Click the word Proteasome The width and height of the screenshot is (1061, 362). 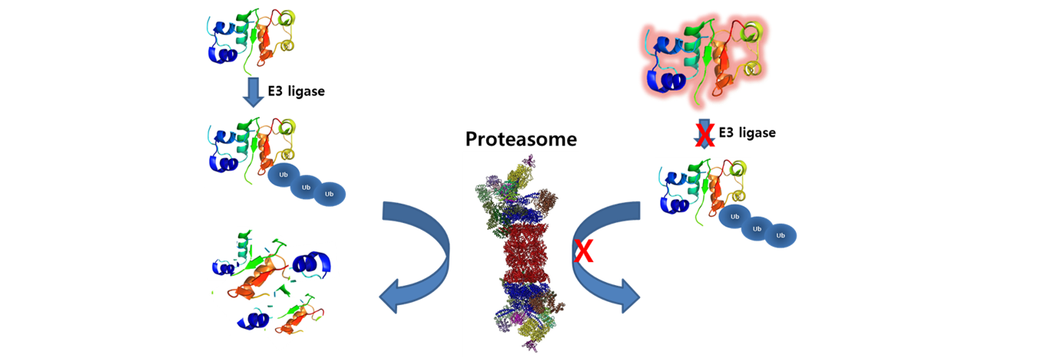[x=521, y=139]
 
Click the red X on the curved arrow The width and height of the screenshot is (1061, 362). [x=584, y=251]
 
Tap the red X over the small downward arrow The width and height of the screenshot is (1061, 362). [x=705, y=134]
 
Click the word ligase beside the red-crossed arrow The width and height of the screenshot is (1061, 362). [x=757, y=133]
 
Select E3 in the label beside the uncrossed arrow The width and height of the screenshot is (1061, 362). [x=275, y=91]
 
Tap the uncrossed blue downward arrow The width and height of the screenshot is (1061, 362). [x=254, y=92]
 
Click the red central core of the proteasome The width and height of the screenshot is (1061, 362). [x=526, y=254]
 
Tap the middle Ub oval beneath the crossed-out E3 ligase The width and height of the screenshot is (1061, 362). [x=757, y=229]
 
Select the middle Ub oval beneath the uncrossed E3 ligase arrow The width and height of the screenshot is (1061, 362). [x=306, y=188]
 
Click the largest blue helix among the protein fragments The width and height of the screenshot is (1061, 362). [x=312, y=264]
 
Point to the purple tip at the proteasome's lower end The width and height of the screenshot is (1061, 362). [x=531, y=345]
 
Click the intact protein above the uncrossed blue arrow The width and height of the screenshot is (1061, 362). [x=251, y=41]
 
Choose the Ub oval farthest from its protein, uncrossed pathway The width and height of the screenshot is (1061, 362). [x=329, y=194]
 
